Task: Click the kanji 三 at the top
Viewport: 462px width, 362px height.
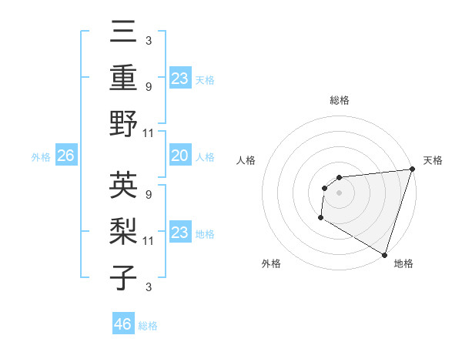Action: click(x=124, y=33)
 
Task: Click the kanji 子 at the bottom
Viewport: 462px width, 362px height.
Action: click(x=124, y=277)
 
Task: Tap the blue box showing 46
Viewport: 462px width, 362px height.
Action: click(x=123, y=323)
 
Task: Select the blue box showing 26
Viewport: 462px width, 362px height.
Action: click(x=65, y=156)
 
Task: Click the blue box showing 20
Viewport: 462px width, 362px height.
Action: click(x=179, y=156)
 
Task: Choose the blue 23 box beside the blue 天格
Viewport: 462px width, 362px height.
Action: click(x=179, y=78)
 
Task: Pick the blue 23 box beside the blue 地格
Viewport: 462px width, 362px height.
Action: click(x=179, y=233)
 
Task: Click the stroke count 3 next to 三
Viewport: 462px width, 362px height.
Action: click(x=148, y=40)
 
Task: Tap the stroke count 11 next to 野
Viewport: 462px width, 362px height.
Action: click(x=149, y=132)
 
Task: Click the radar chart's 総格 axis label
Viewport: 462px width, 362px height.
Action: click(x=340, y=100)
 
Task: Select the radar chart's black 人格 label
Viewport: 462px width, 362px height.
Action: click(x=247, y=160)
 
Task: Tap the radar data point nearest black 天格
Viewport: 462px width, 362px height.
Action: click(x=411, y=169)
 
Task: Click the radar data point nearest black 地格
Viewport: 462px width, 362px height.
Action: click(x=383, y=254)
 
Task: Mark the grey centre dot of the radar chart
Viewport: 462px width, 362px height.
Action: click(x=339, y=193)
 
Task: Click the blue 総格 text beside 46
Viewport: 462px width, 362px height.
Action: click(x=148, y=326)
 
